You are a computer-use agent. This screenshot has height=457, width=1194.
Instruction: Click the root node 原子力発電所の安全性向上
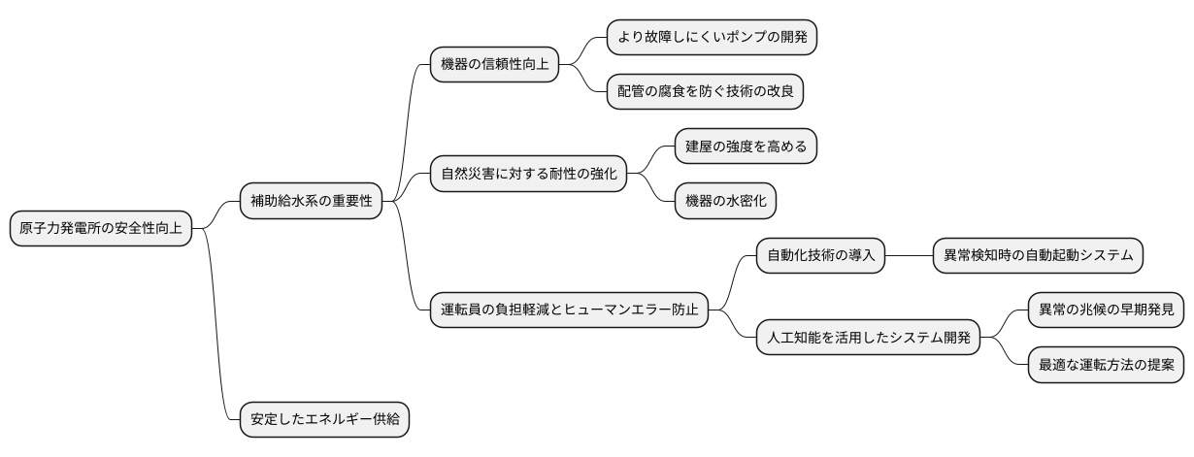[x=100, y=229]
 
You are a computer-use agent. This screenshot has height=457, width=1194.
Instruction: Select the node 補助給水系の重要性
[x=311, y=202]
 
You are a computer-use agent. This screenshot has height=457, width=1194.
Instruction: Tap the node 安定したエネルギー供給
[x=324, y=421]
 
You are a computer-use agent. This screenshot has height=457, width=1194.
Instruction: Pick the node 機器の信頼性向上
[x=494, y=65]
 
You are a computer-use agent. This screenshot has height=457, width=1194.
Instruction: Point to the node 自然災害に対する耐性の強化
[x=528, y=175]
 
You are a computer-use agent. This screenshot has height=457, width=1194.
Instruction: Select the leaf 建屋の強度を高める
[x=746, y=147]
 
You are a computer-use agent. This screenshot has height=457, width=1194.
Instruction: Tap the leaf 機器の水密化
[x=725, y=201]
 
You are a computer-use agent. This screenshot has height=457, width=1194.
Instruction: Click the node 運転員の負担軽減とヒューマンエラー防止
[x=569, y=311]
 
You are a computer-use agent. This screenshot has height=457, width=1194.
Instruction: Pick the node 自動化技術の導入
[x=820, y=256]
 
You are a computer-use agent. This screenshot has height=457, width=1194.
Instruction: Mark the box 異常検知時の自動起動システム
[x=1038, y=256]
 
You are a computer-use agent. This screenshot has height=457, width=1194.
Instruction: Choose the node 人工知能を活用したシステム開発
[x=868, y=339]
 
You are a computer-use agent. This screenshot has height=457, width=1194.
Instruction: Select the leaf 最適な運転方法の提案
[x=1106, y=366]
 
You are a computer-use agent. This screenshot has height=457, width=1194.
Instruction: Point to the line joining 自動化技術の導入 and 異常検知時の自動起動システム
[x=908, y=256]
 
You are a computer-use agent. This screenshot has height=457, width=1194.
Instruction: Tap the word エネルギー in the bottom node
[x=338, y=421]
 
